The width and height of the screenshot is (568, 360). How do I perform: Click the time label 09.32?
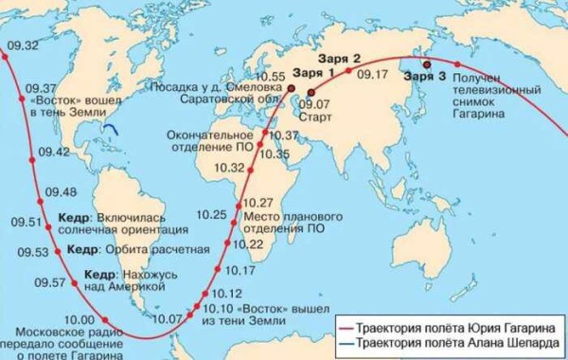click(24, 45)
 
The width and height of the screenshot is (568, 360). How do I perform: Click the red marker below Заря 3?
click(426, 64)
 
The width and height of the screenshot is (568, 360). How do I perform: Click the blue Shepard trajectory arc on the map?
click(112, 129)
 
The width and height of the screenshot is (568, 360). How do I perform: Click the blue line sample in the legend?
click(347, 340)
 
